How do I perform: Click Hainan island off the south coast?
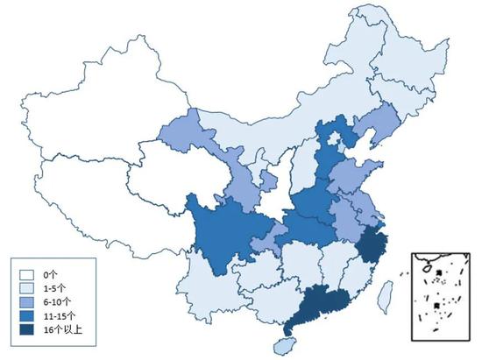tap(283, 345)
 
